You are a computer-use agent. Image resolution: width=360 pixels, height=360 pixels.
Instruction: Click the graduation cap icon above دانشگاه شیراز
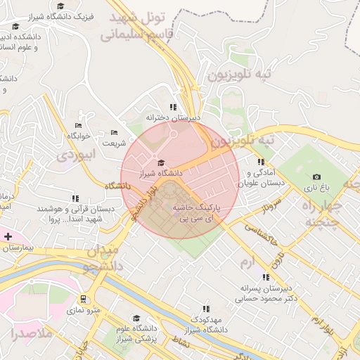coord(161,162)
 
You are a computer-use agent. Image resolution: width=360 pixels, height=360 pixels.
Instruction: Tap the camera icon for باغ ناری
coord(316,176)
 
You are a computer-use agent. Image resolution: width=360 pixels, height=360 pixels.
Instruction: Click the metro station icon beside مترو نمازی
coord(84,298)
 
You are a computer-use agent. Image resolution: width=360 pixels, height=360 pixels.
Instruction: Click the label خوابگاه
coord(80,135)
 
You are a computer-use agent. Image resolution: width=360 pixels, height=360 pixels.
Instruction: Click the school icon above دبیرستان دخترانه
coord(173,107)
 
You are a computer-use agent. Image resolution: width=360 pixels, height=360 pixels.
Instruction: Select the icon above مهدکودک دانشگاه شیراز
coord(206,308)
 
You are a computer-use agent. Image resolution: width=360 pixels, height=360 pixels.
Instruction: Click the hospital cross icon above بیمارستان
coord(8,236)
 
